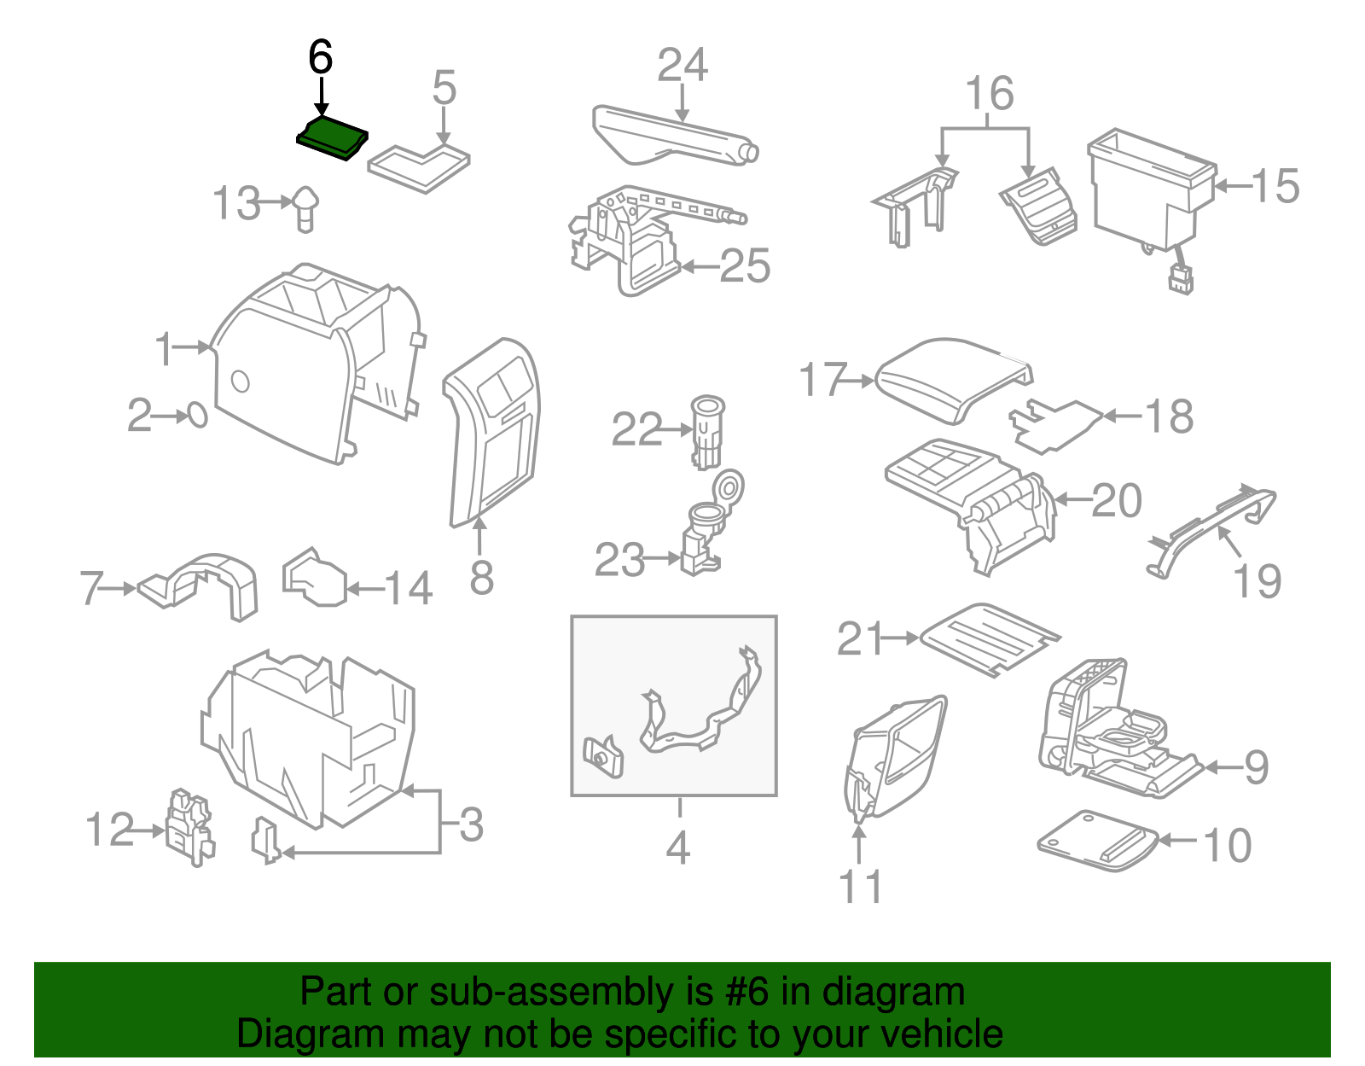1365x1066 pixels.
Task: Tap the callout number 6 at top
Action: [x=320, y=58]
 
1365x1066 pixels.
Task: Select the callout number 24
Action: [x=682, y=66]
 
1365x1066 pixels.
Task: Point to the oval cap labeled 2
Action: [x=196, y=416]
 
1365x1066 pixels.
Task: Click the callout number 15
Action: [x=1275, y=186]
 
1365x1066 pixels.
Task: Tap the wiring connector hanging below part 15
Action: [x=1182, y=279]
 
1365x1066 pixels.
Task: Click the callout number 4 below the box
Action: [x=677, y=848]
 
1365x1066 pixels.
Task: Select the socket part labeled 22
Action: [x=707, y=431]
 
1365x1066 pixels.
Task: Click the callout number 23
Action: [x=620, y=561]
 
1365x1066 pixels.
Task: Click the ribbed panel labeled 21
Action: [x=990, y=639]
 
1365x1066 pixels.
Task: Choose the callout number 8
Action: [x=481, y=578]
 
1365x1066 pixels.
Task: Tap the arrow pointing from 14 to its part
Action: [x=364, y=588]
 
